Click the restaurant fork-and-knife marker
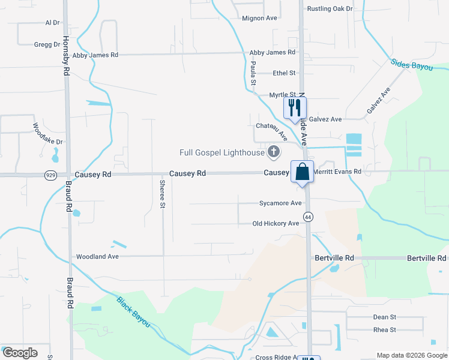pos(295,108)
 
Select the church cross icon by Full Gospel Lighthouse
pos(274,152)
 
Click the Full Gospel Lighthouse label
pos(222,153)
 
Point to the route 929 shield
pos(51,175)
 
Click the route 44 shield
pos(308,216)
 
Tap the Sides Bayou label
pos(412,64)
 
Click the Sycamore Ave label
pos(280,203)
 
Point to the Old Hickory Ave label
pos(276,224)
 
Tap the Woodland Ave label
pos(98,257)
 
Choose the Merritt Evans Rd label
pos(340,172)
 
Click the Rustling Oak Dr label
pos(330,9)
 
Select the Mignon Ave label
pos(259,18)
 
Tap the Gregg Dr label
pos(47,44)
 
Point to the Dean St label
pos(385,317)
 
